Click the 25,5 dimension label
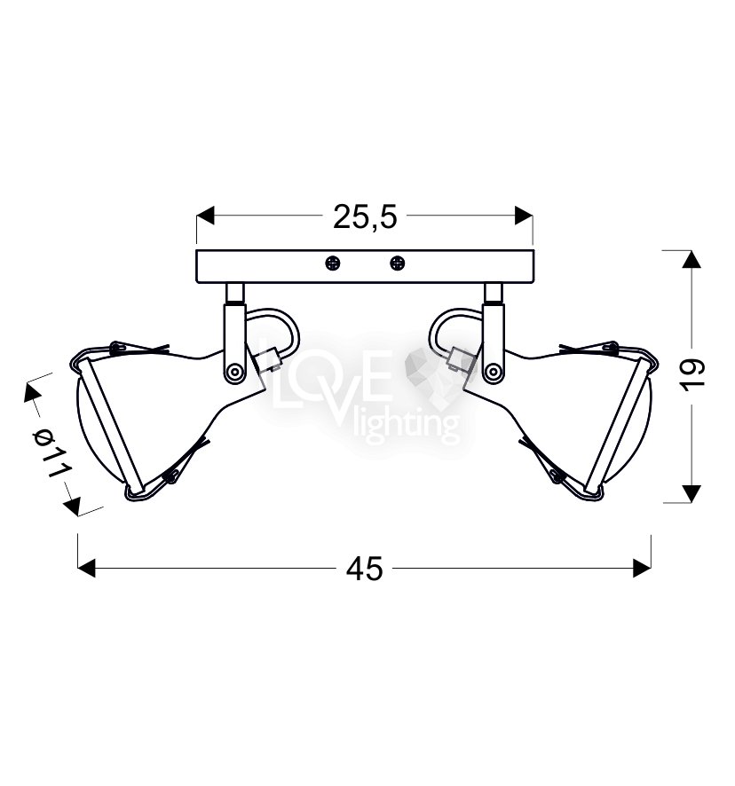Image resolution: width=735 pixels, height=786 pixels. (x=365, y=217)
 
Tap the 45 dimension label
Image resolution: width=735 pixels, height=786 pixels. (x=364, y=569)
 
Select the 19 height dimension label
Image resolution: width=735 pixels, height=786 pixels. (x=693, y=373)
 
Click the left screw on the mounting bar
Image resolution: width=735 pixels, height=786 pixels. (x=332, y=263)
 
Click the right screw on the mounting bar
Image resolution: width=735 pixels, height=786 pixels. (x=397, y=263)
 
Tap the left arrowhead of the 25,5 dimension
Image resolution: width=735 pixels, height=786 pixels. (x=205, y=216)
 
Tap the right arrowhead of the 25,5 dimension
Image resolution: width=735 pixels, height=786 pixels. (x=523, y=216)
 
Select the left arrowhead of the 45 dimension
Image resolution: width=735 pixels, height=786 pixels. (x=87, y=569)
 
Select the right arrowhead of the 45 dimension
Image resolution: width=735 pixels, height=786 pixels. (x=642, y=569)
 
